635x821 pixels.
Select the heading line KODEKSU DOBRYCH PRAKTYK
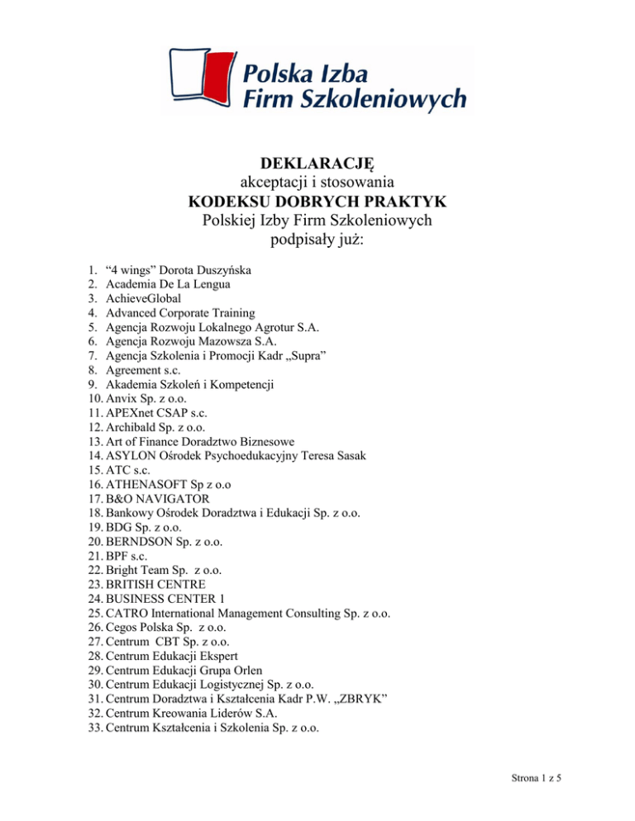tap(317, 201)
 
